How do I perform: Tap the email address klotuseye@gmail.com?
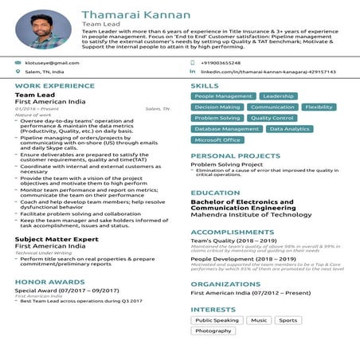(52, 62)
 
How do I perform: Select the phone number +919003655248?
(221, 62)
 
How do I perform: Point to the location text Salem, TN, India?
(45, 72)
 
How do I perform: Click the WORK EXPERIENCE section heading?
(49, 85)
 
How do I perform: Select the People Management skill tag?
(223, 96)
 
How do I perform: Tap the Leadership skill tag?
(278, 96)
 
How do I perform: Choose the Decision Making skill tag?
(217, 107)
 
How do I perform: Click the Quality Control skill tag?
(272, 118)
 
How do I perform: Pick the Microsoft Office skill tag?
(217, 139)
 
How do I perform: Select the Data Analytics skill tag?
(289, 128)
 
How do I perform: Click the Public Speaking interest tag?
(217, 320)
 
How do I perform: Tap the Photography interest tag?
(213, 331)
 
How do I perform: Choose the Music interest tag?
(258, 320)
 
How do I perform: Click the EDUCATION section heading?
(215, 193)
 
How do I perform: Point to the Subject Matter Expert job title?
(57, 239)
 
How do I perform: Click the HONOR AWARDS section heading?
(44, 281)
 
